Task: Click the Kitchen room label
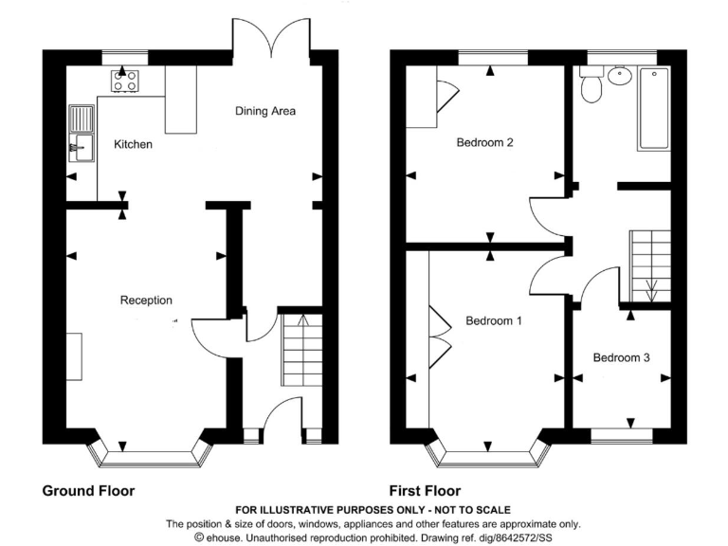[133, 144]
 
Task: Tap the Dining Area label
[265, 111]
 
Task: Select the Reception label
[146, 300]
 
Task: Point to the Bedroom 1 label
[494, 320]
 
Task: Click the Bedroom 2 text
[484, 142]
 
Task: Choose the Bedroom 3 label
[621, 357]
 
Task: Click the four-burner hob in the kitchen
[125, 81]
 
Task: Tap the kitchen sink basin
[82, 148]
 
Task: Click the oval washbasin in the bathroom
[619, 76]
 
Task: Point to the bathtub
[654, 109]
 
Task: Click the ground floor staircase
[301, 350]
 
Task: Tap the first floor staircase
[650, 266]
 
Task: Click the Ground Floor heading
[88, 491]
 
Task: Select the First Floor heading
[425, 491]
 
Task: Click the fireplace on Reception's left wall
[74, 356]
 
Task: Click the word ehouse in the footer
[224, 537]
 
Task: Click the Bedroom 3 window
[622, 434]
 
